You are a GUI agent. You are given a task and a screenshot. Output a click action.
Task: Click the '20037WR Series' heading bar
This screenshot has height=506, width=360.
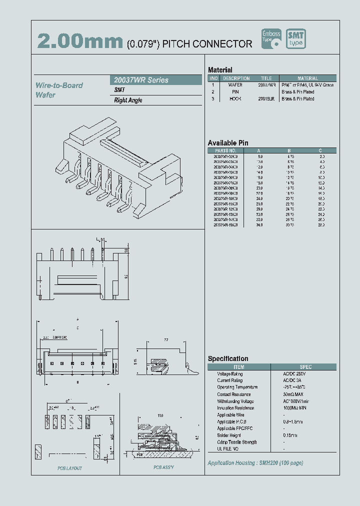[155, 80]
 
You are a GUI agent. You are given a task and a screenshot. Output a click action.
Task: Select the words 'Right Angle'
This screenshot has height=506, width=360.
[128, 100]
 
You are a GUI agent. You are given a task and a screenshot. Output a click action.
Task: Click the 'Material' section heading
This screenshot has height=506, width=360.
[220, 70]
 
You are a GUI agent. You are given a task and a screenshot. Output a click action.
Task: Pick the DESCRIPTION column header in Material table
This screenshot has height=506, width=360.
[236, 78]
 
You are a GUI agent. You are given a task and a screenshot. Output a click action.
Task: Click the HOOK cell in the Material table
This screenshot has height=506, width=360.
[235, 99]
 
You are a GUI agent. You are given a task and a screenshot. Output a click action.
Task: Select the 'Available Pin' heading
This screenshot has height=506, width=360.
[227, 143]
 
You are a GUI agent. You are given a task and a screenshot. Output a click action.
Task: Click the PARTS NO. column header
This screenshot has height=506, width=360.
[225, 150]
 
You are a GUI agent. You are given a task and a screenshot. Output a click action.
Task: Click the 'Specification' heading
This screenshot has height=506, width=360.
[228, 358]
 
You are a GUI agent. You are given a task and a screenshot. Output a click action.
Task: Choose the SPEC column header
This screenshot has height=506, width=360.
[305, 367]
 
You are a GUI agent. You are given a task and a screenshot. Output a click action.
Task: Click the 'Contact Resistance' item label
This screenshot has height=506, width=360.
[234, 394]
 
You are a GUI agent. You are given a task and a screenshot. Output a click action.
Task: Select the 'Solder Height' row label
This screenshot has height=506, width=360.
[230, 435]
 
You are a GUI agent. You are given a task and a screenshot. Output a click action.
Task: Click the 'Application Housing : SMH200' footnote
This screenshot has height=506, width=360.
[255, 463]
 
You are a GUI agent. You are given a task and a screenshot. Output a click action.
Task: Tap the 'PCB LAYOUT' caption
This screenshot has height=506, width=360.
[69, 468]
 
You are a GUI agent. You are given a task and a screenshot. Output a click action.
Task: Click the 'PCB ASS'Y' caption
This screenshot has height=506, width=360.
[163, 467]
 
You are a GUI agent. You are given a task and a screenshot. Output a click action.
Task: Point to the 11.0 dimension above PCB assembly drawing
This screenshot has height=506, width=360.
[160, 415]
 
